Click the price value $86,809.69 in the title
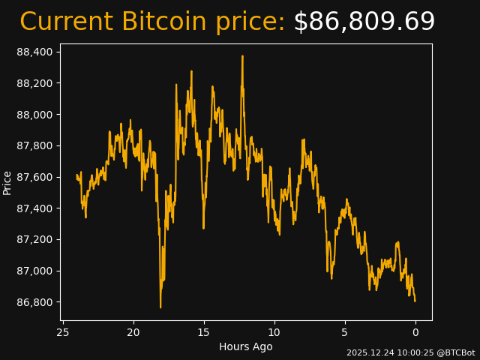(364, 22)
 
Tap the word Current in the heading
(66, 22)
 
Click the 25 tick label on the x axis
(63, 332)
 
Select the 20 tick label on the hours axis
(133, 332)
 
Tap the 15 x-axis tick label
(204, 332)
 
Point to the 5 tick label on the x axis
(345, 332)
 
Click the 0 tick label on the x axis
(415, 332)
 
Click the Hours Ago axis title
(246, 346)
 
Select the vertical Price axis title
(7, 182)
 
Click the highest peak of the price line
(242, 56)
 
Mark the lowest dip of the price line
(160, 307)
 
